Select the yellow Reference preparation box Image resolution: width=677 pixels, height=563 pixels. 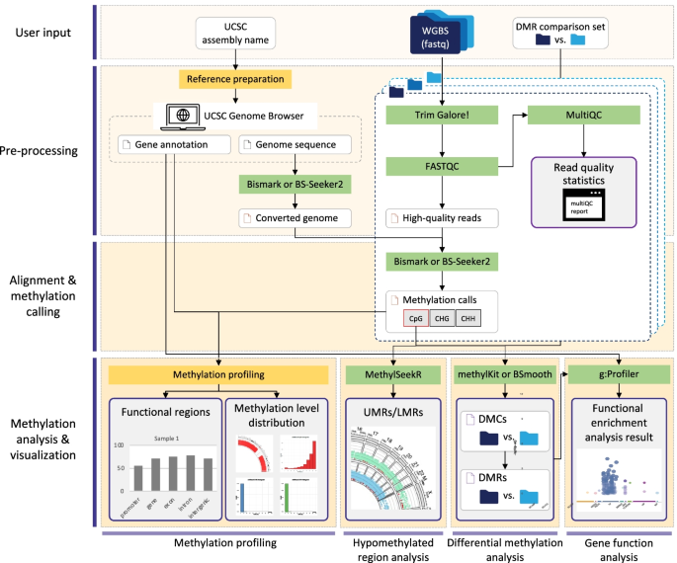coord(234,79)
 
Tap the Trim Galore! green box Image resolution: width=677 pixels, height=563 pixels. coord(442,116)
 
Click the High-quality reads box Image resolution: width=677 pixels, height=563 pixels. coord(442,217)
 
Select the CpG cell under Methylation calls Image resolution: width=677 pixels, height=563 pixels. coord(414,319)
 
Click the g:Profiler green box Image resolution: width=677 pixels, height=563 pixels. coord(609,375)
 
